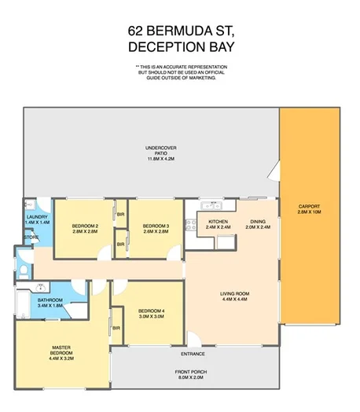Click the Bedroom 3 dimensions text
click(157, 232)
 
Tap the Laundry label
click(37, 217)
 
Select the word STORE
click(31, 236)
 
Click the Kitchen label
click(218, 222)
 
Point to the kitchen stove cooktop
click(189, 226)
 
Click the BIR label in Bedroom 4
click(116, 327)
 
